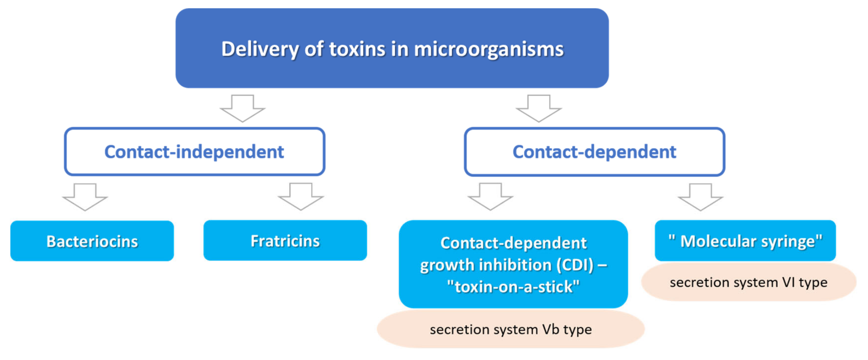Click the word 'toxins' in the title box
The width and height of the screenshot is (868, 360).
point(357,49)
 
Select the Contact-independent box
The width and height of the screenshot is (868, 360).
point(194,151)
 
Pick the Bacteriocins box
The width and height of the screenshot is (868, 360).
point(92,241)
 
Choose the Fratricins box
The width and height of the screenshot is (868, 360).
point(285,240)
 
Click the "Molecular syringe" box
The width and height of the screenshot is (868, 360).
point(745,241)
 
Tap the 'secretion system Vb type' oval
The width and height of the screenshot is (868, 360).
point(511,329)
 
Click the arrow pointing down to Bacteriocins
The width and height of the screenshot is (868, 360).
point(85,197)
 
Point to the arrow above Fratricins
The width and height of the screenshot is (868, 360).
point(301,197)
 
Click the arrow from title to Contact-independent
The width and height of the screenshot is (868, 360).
point(242,108)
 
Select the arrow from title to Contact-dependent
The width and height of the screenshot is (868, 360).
point(538,108)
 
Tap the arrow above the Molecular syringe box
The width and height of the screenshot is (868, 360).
point(700,197)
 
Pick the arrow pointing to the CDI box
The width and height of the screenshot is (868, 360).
point(490,197)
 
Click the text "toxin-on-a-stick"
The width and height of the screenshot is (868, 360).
point(513,287)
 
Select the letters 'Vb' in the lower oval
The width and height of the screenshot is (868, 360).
point(551,329)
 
